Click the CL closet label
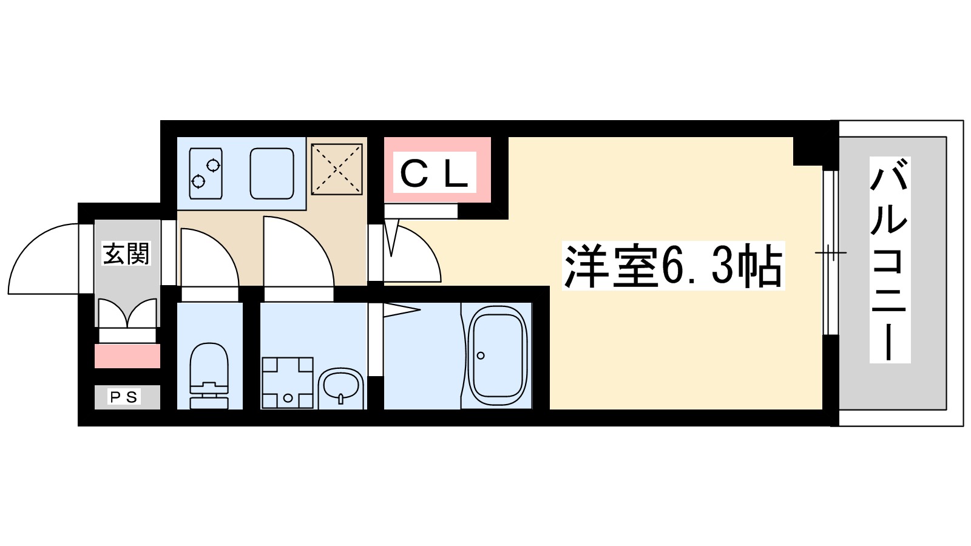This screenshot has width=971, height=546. tap(435, 173)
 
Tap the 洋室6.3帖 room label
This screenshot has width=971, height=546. tap(672, 265)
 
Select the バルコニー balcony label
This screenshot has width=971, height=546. tap(890, 260)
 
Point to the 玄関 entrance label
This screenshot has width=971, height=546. tap(126, 254)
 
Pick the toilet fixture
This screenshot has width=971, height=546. tap(209, 376)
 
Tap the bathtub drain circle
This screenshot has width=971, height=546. tap(481, 356)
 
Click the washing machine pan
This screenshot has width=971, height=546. tap(288, 382)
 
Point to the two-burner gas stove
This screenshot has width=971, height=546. tap(205, 173)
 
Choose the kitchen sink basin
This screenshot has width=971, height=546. tap(272, 173)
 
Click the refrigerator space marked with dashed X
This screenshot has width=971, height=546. tap(337, 169)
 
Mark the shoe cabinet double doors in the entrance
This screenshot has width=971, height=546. tap(127, 313)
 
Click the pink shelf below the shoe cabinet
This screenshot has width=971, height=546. tap(127, 356)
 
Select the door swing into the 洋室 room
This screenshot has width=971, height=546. tap(413, 255)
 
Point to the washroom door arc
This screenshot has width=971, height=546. tap(297, 252)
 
